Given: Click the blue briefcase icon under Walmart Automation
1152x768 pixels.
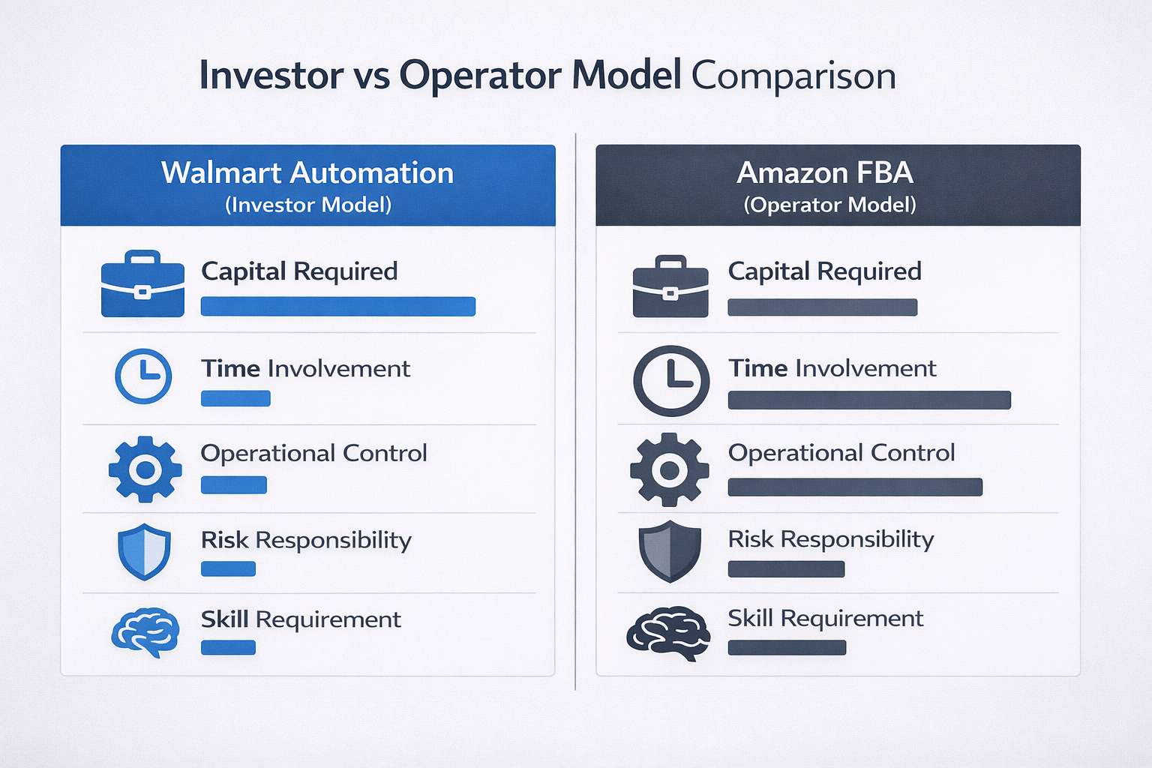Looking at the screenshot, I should point(142,284).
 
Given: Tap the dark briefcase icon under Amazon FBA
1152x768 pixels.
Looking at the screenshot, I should point(670,287).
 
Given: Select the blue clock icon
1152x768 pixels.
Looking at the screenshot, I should point(143,376).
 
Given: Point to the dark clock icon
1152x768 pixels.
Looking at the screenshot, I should point(671,380).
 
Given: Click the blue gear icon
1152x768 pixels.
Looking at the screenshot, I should point(145,469).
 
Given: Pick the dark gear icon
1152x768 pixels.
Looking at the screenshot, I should point(669,469).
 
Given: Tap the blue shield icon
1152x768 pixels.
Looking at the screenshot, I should point(144,552).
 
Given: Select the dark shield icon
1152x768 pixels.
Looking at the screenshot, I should point(670,551).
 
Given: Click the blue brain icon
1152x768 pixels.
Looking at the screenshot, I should point(145,632).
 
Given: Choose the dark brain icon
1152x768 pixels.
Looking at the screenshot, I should point(668,633).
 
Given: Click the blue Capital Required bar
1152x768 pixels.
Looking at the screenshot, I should point(337,306).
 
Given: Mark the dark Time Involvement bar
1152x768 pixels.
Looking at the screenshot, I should point(869,400).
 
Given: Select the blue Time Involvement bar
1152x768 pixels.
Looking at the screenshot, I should point(235,398).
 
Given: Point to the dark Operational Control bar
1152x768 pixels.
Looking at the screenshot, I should point(855,487).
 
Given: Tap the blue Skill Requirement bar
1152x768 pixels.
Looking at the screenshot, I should point(228,647).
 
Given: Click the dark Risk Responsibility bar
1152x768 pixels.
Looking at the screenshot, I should point(786,569).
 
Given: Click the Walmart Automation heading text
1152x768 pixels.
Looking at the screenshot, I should point(307,173).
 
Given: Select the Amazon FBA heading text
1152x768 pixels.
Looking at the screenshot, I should point(825,173).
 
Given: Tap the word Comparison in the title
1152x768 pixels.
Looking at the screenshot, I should point(793,76).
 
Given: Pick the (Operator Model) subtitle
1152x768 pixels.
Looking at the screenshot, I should point(829,205).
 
